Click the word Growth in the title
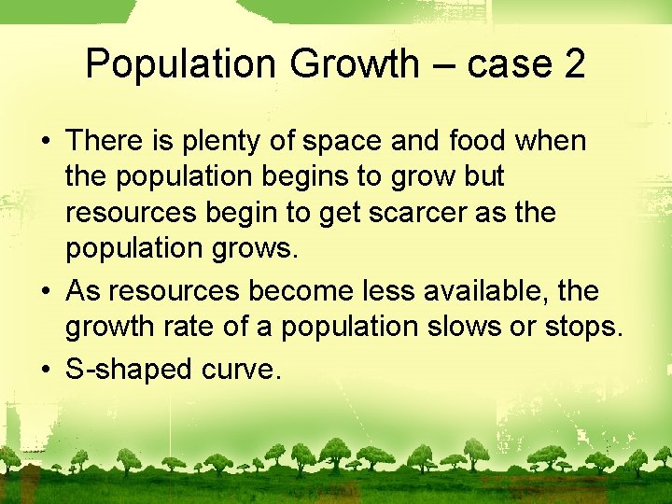coord(355,64)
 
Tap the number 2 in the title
coord(574,64)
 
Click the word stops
coord(583,328)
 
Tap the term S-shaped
coord(129,370)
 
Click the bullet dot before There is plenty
coord(45,142)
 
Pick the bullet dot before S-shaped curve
coord(45,370)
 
